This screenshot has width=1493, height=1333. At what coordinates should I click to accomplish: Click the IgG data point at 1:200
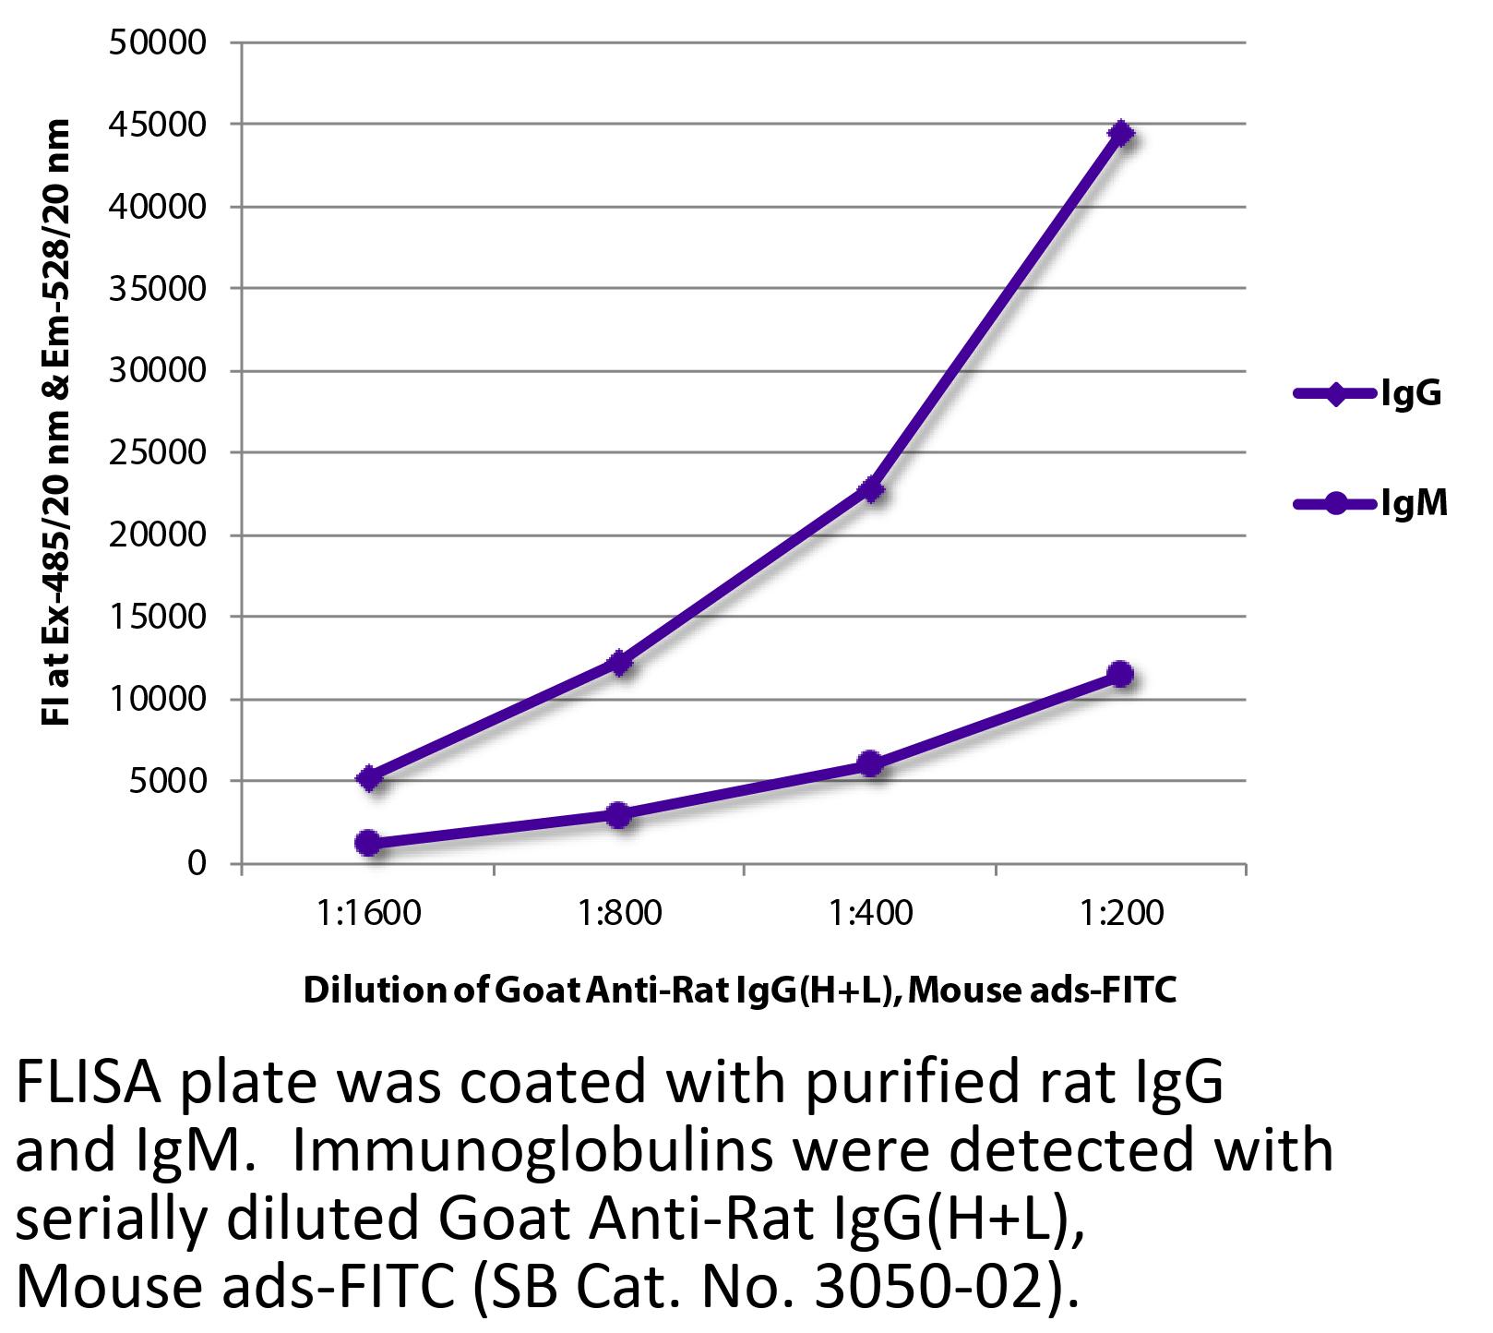[1120, 133]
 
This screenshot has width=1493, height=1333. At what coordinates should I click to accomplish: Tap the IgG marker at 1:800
[619, 662]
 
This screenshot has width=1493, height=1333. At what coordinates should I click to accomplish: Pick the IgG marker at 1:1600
[368, 777]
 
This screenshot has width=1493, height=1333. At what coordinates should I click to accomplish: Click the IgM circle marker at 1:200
[1120, 674]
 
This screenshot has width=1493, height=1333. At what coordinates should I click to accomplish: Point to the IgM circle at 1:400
[869, 763]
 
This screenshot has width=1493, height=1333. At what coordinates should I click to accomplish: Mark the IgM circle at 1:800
[619, 814]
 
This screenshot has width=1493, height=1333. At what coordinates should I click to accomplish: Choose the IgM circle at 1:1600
[368, 842]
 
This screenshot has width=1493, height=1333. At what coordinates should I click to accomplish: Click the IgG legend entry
[1366, 394]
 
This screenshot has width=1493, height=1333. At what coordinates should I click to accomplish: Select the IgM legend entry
[1369, 504]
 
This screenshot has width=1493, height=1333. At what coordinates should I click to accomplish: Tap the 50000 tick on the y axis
[157, 42]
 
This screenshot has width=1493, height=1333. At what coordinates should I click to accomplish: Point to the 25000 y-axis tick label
[157, 453]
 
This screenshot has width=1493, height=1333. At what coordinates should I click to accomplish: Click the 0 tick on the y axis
[196, 864]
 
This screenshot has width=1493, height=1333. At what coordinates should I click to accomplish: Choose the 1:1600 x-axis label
[368, 914]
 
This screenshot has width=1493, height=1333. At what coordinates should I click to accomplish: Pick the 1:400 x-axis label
[870, 914]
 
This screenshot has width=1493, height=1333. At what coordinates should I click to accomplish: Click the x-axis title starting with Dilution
[740, 991]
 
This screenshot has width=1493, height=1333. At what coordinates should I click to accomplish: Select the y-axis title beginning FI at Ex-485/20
[57, 422]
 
